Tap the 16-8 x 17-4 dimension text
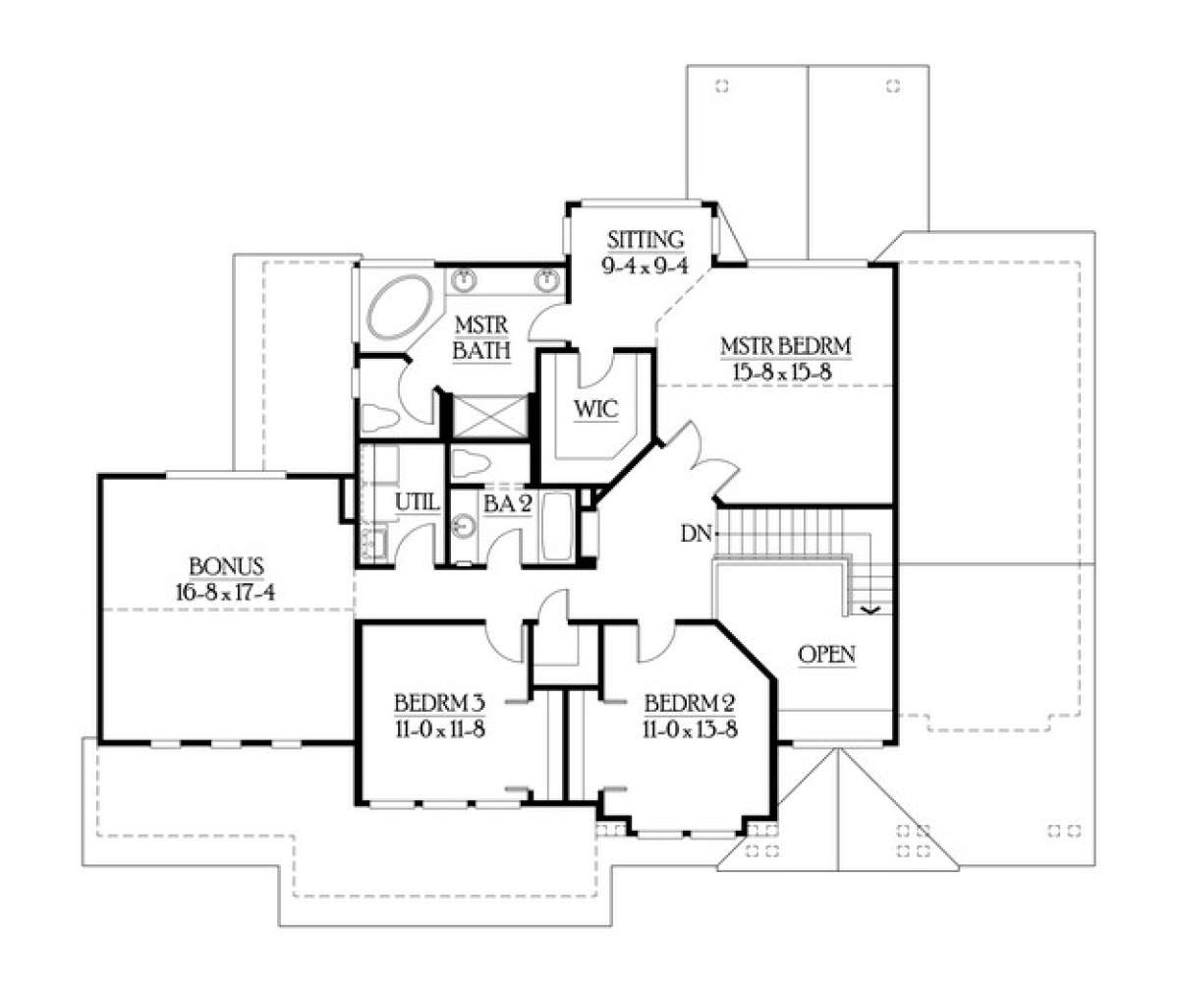225,592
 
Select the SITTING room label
646,240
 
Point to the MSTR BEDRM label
785,346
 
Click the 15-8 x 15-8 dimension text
783,371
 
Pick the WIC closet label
595,408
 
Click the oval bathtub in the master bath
401,307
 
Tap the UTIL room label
417,501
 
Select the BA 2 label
508,504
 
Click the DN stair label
696,534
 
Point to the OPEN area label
826,655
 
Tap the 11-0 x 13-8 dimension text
690,729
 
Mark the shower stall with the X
491,417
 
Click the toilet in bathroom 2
471,463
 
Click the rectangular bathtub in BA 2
557,527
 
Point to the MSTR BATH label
481,338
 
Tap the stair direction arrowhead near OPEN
872,610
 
